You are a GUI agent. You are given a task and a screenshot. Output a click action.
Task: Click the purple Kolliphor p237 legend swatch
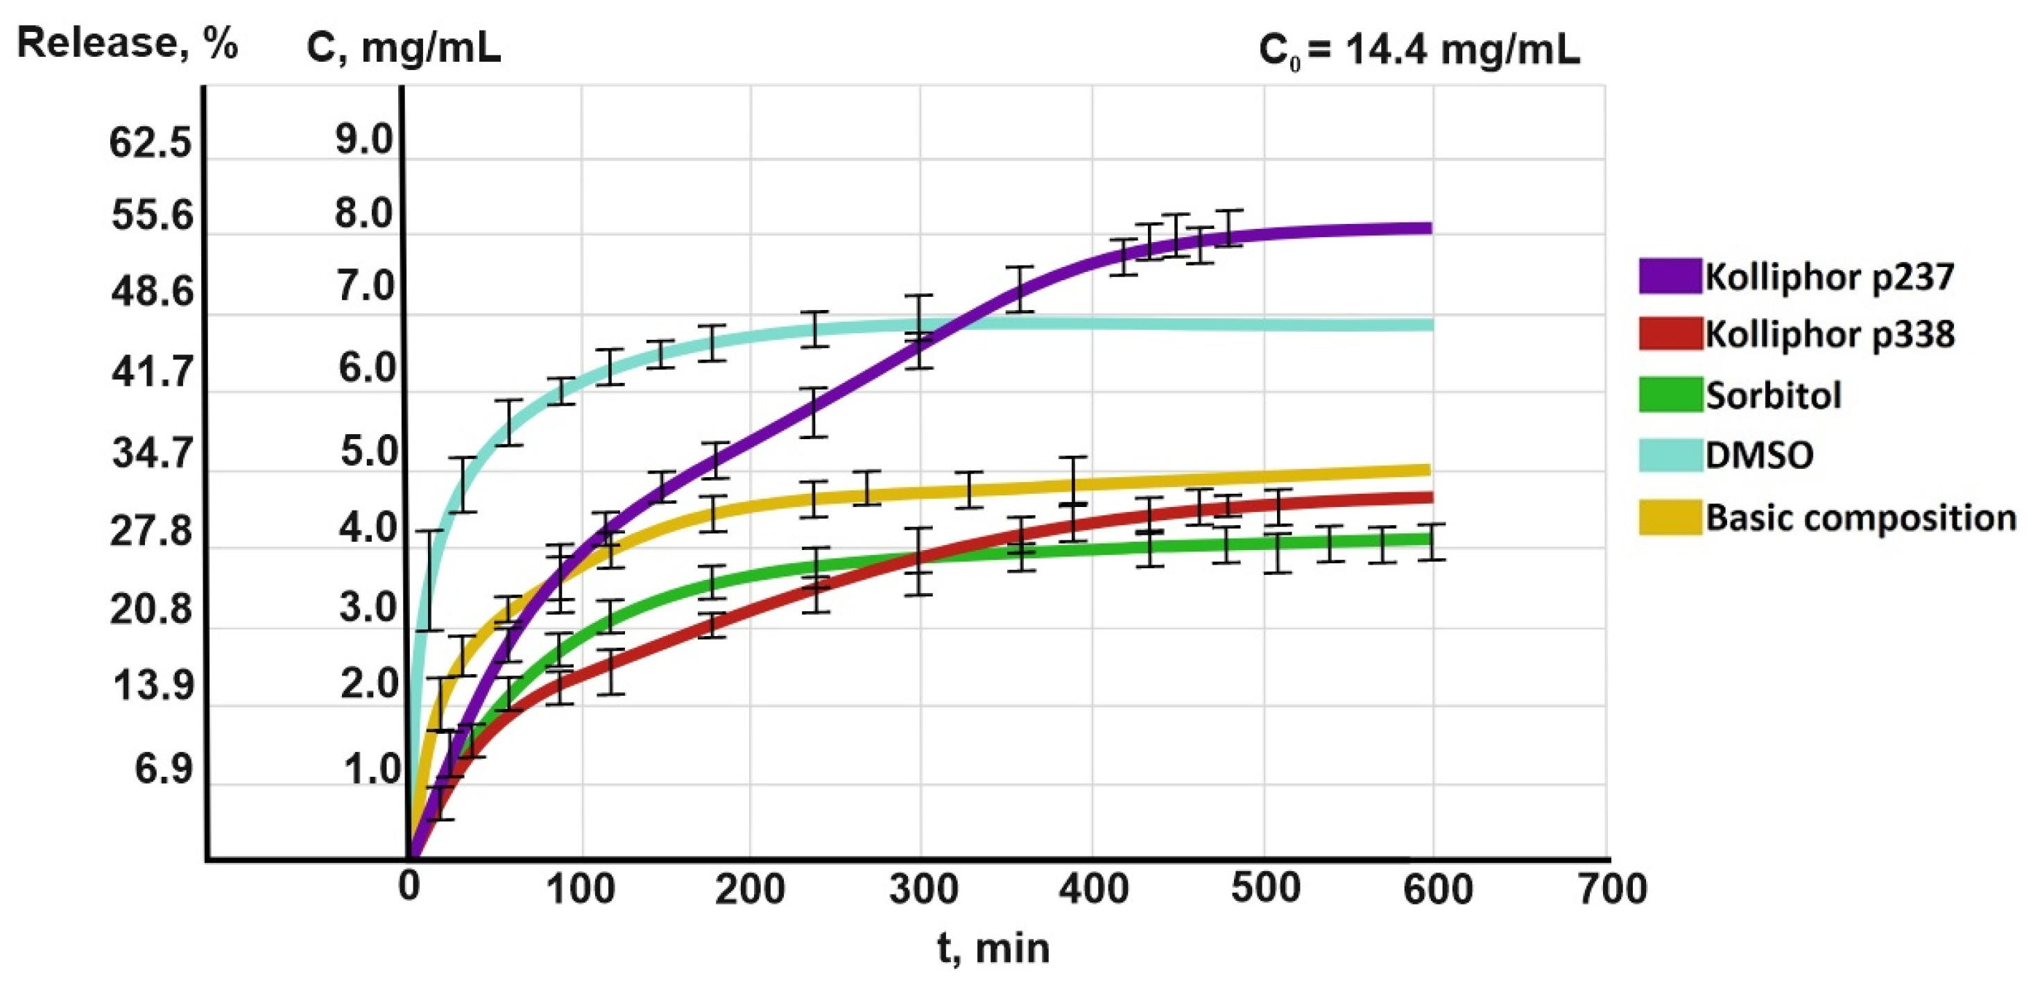[x=1670, y=275]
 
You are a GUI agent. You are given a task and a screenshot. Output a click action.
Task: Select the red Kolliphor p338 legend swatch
[x=1670, y=334]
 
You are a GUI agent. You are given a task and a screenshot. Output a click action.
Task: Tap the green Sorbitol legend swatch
[x=1670, y=395]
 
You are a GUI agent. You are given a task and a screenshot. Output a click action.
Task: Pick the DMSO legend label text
[x=1759, y=456]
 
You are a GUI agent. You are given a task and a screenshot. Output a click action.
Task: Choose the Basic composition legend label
[x=1860, y=517]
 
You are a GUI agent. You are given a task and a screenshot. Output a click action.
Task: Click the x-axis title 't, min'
[x=993, y=947]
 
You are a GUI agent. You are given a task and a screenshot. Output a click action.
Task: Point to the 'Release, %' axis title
[x=127, y=43]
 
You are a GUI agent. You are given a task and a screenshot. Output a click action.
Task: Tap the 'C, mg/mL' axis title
[x=403, y=48]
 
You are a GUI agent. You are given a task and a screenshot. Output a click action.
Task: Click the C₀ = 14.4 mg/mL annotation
[x=1418, y=50]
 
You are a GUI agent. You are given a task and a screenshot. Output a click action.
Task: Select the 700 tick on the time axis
[x=1612, y=889]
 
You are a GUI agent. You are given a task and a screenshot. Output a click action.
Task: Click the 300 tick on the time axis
[x=923, y=889]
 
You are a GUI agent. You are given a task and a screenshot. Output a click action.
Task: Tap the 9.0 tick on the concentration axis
[x=364, y=140]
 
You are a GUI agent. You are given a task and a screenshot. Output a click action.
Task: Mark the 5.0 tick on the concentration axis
[x=368, y=452]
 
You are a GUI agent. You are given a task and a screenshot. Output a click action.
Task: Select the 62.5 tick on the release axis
[x=151, y=144]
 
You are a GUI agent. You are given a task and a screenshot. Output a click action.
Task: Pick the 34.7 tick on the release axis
[x=152, y=454]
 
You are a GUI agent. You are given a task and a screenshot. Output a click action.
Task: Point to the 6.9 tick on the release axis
[x=163, y=769]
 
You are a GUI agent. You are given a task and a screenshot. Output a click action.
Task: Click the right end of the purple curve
[x=1430, y=228]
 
